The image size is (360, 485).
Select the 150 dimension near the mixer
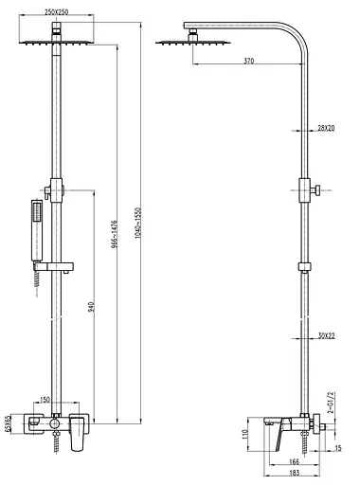[x=45, y=400]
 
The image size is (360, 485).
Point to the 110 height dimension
[x=243, y=437]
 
